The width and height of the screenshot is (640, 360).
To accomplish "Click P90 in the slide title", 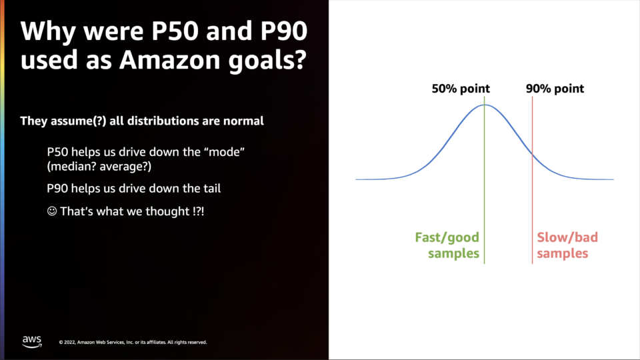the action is coord(284,31).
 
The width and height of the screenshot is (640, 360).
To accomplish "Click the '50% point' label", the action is coord(461,89).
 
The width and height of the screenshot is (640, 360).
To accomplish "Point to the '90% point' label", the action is coord(555,89).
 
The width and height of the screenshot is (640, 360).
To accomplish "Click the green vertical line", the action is coord(485,180).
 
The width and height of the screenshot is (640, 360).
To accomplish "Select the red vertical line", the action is coord(532,180).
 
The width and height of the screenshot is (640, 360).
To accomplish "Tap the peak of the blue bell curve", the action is coord(485,105).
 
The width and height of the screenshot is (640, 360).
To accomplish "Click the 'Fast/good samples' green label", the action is coord(447,245).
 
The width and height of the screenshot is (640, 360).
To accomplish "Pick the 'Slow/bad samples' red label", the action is coord(567,245).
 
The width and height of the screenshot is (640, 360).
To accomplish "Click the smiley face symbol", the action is coord(52,211).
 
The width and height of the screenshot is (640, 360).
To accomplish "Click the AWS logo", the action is coord(32,341).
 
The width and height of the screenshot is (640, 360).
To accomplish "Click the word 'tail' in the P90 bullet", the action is coord(212,188).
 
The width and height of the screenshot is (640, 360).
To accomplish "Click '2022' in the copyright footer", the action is coord(69,343).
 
